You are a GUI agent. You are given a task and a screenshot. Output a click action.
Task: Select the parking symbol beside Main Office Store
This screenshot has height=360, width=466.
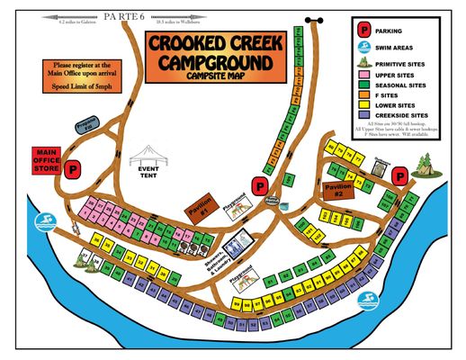click(x=76, y=167)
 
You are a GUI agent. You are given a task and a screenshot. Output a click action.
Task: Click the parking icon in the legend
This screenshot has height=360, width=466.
click(x=364, y=28)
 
